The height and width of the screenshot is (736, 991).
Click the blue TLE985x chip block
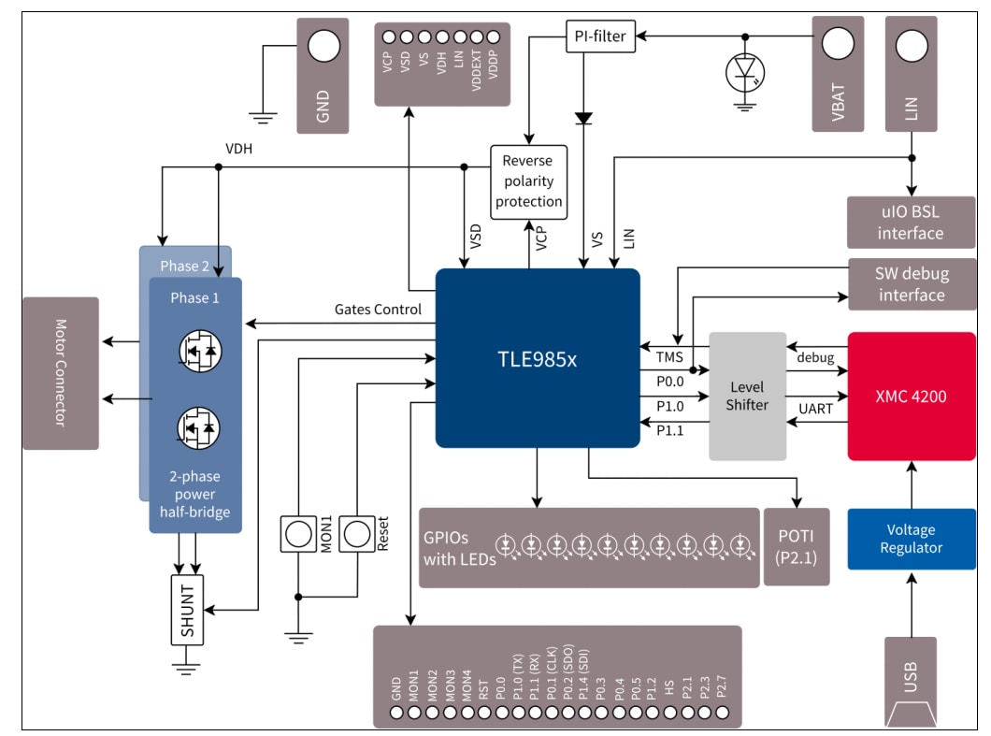pyautogui.click(x=538, y=358)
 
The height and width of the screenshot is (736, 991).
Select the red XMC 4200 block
pyautogui.click(x=911, y=396)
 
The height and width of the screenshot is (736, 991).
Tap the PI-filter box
pyautogui.click(x=600, y=37)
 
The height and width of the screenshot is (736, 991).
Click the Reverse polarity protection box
pyautogui.click(x=528, y=181)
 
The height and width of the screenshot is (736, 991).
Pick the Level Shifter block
pyautogui.click(x=747, y=396)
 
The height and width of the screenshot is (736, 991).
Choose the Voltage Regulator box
pyautogui.click(x=911, y=539)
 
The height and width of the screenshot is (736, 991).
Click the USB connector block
pyautogui.click(x=911, y=682)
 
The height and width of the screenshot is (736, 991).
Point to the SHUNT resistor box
pyautogui.click(x=187, y=610)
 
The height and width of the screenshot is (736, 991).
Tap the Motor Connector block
pyautogui.click(x=61, y=373)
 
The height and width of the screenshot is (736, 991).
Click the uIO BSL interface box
pyautogui.click(x=910, y=222)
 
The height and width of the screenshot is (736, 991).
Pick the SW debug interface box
pyautogui.click(x=910, y=284)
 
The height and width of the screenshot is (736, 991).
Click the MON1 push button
pyautogui.click(x=299, y=533)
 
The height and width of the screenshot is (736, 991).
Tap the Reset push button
pyautogui.click(x=356, y=533)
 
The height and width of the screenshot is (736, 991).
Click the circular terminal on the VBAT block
pyautogui.click(x=837, y=43)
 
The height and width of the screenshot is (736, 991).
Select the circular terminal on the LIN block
pyautogui.click(x=911, y=43)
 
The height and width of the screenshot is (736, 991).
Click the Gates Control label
pyautogui.click(x=378, y=310)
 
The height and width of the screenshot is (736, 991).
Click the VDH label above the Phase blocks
pyautogui.click(x=238, y=149)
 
